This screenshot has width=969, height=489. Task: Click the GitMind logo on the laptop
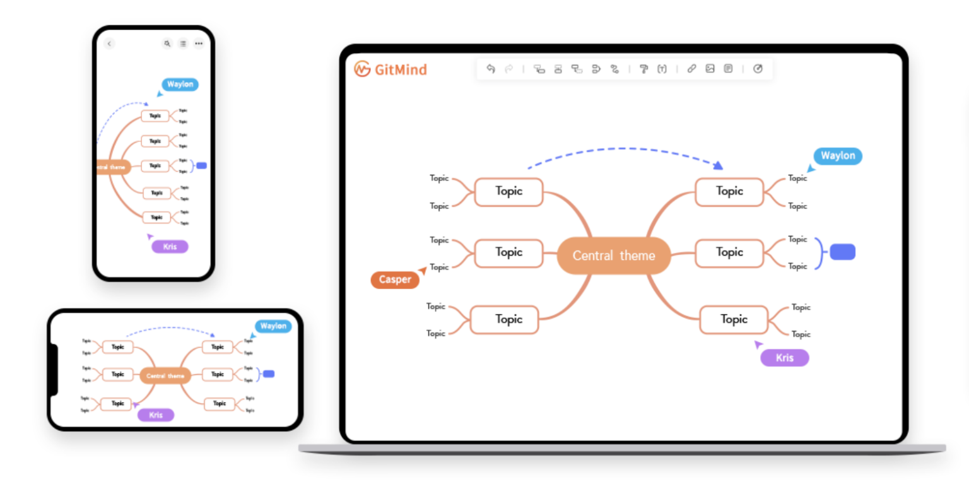tap(391, 69)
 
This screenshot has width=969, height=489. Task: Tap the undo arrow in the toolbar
tap(491, 69)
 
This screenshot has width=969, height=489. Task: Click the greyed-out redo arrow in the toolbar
tap(509, 69)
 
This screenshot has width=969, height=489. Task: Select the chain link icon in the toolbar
tap(691, 69)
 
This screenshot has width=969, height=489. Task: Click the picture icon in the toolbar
tap(710, 69)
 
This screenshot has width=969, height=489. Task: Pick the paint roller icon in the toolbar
tap(643, 69)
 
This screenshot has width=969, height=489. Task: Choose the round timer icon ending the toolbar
tap(758, 69)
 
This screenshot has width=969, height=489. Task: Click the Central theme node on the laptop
tap(614, 256)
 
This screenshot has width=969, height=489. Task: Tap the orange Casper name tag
tap(395, 280)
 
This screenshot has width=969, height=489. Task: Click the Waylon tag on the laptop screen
tap(838, 156)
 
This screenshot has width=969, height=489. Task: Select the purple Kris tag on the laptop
tap(784, 358)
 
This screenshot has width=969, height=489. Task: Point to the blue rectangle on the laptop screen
tap(842, 252)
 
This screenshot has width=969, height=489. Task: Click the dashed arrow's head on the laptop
tap(718, 166)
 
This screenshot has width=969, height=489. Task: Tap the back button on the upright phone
tap(109, 44)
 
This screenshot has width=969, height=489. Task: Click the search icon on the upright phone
tap(167, 44)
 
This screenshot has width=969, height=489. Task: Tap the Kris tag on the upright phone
tap(170, 246)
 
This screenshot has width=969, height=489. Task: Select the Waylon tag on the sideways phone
tap(273, 326)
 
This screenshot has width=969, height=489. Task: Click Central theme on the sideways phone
tap(165, 376)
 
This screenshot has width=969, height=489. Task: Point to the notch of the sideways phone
tap(55, 370)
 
